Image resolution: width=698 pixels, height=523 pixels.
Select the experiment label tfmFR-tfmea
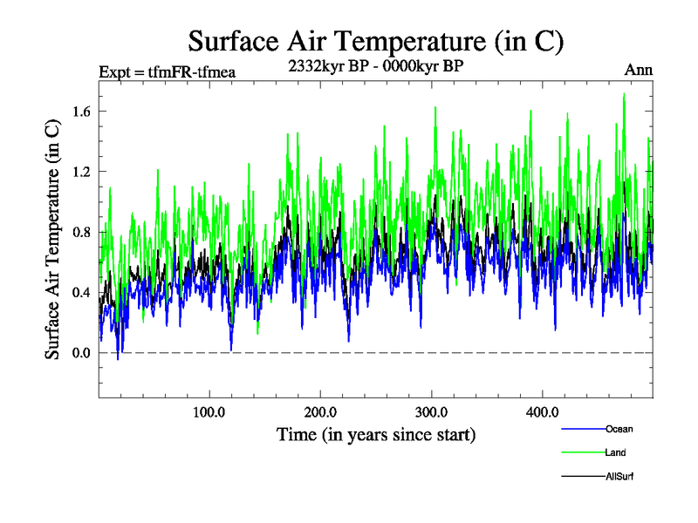[168, 71]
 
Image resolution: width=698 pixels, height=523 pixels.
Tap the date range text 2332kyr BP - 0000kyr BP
[374, 65]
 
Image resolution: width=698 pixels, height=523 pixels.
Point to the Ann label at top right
[639, 70]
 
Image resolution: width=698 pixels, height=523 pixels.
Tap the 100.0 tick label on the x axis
[209, 411]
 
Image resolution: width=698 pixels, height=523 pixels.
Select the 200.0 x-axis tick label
[321, 411]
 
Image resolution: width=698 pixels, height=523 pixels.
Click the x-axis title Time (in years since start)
[376, 433]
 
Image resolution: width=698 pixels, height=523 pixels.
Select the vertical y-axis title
[53, 239]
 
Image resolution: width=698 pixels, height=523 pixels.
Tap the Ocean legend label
[619, 429]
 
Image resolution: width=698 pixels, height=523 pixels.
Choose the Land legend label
[615, 452]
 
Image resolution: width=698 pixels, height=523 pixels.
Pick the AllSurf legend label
[620, 477]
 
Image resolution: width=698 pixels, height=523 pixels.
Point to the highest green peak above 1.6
[624, 94]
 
